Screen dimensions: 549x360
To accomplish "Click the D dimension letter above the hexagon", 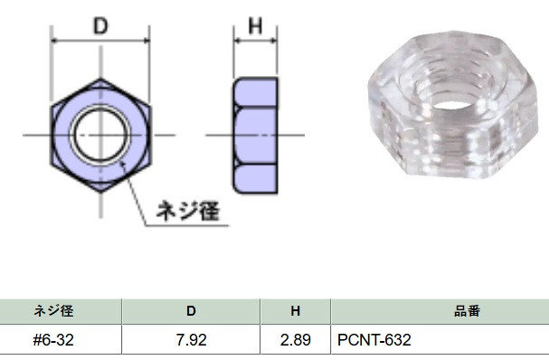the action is (x=100, y=26).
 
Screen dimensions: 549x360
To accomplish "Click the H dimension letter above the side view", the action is (x=255, y=25).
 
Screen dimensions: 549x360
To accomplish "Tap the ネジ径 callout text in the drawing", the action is (x=188, y=211).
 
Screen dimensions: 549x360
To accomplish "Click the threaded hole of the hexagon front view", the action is (x=100, y=135).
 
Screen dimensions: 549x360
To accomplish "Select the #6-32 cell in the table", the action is (x=53, y=340).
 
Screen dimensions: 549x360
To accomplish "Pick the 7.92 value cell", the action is (x=191, y=340).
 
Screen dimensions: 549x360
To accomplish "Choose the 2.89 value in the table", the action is (x=295, y=340).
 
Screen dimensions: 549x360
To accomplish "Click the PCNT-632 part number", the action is (x=374, y=340).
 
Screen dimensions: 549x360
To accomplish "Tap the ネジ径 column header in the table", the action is (x=53, y=311).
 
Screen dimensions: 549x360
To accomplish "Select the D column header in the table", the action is (x=191, y=311).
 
